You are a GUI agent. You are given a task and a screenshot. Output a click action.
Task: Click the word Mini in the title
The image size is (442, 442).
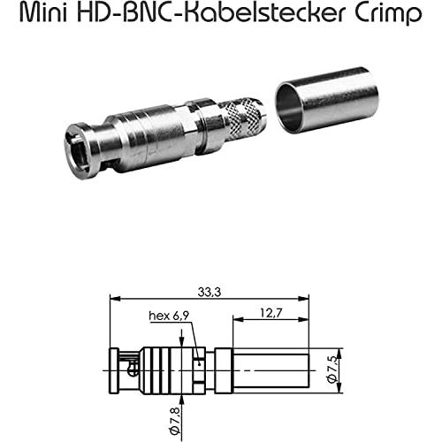[x=43, y=13]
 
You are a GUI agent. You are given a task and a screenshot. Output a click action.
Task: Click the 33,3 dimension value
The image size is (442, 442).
[x=210, y=293]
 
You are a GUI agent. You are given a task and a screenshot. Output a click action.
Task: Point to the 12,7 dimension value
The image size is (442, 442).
[x=271, y=313]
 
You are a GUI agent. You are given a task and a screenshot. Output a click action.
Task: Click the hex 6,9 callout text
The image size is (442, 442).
[x=169, y=316]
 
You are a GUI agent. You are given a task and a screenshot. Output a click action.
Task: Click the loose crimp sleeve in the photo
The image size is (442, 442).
[x=326, y=102]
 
